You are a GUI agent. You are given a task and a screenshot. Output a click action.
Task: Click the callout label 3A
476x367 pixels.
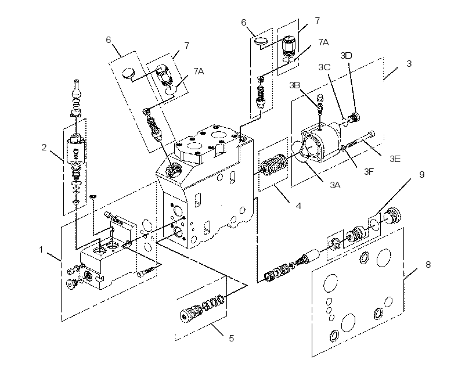click(x=335, y=185)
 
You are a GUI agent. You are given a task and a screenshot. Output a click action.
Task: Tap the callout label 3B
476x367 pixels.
click(x=294, y=85)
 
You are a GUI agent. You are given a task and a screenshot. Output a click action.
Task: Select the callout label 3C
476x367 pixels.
click(x=324, y=67)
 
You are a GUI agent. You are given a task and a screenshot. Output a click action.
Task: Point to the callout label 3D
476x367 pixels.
click(x=346, y=56)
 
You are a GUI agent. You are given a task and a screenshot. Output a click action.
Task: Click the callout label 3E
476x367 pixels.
click(x=395, y=159)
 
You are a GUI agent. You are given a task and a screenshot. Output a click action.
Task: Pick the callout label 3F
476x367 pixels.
click(x=369, y=172)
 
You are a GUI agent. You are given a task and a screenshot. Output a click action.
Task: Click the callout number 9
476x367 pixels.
click(x=421, y=175)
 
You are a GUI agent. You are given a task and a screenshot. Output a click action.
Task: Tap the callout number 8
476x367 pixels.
click(x=428, y=265)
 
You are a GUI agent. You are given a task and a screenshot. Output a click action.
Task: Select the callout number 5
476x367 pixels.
click(x=231, y=338)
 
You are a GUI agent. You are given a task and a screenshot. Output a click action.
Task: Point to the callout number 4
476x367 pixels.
click(x=298, y=206)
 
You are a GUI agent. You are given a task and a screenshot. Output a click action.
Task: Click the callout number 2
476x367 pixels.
click(x=44, y=147)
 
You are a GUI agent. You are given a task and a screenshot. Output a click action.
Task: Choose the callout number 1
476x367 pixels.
click(x=41, y=250)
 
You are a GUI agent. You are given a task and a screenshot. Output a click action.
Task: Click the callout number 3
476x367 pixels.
click(x=409, y=64)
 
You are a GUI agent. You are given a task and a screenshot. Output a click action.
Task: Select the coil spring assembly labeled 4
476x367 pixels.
click(x=273, y=164)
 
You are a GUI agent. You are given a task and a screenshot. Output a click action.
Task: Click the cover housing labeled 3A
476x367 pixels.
click(x=319, y=142)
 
